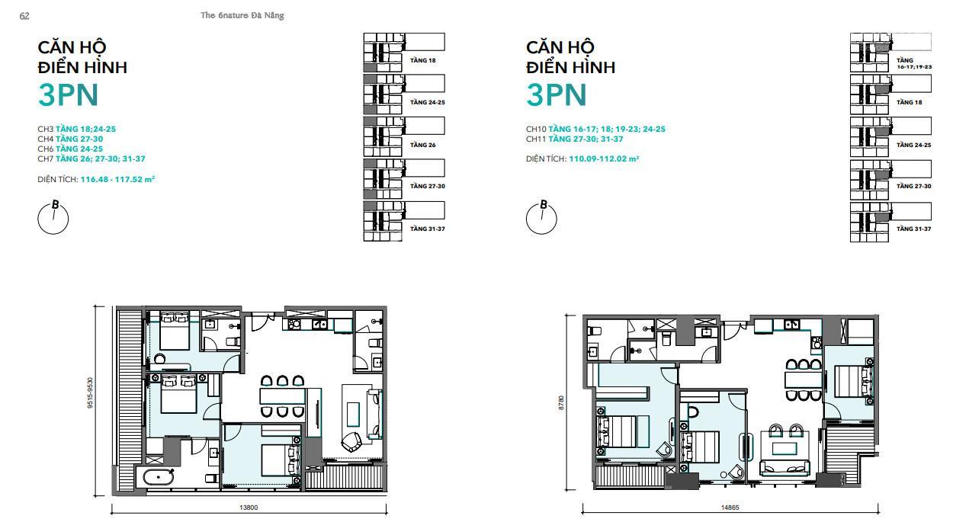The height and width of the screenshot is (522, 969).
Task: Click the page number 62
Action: click(x=24, y=16)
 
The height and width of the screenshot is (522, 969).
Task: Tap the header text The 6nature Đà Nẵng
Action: click(x=242, y=15)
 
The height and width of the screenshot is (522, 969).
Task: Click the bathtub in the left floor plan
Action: click(x=159, y=478)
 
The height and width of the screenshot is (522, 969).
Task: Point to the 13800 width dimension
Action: click(x=249, y=508)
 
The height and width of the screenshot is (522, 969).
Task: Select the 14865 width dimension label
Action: click(x=730, y=508)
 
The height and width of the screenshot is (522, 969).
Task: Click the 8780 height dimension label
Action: click(x=561, y=402)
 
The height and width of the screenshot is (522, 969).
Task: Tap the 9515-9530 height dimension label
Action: click(x=90, y=392)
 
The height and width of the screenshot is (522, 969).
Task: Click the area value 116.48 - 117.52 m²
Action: click(x=117, y=179)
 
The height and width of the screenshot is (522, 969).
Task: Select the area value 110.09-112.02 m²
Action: click(x=604, y=159)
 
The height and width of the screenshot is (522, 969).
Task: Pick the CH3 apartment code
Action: click(x=46, y=129)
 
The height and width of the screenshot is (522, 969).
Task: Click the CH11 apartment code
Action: click(x=536, y=139)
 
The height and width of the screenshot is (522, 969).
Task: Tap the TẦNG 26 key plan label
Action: click(x=422, y=145)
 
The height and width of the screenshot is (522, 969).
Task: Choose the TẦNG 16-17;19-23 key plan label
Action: click(x=914, y=63)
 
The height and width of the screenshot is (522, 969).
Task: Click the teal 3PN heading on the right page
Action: click(x=557, y=94)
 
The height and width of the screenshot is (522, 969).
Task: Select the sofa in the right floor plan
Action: click(x=785, y=468)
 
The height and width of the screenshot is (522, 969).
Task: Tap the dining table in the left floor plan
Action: click(x=283, y=396)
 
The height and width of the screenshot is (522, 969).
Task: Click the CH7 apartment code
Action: click(x=46, y=159)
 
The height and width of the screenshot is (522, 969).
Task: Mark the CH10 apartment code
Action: click(x=537, y=129)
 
